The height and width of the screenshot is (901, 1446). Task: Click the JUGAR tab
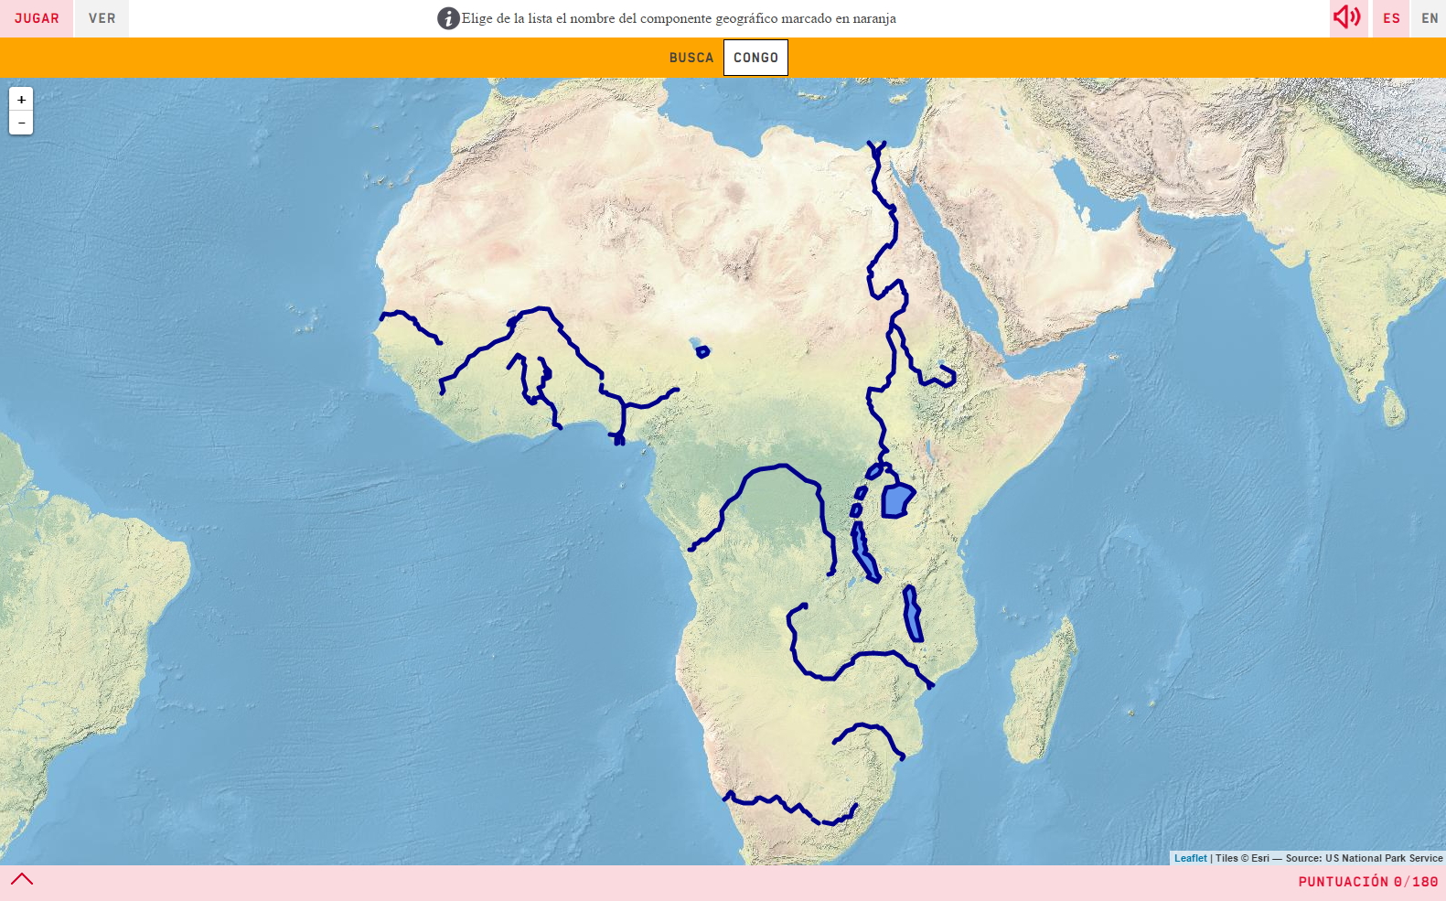[37, 18]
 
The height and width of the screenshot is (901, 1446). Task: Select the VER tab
[102, 18]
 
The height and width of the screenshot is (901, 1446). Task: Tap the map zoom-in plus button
[21, 99]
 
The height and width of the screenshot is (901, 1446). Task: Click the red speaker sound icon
[1346, 17]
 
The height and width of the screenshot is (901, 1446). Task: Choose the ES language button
[1391, 18]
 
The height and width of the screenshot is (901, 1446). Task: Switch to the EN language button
[1430, 18]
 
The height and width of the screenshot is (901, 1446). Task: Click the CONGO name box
[755, 58]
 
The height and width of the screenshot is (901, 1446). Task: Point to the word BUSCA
[691, 58]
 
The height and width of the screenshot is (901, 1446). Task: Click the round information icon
[448, 18]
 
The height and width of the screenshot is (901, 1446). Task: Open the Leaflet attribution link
[1190, 858]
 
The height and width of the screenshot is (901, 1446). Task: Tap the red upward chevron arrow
[22, 879]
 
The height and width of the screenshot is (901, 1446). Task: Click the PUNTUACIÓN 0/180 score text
[1367, 882]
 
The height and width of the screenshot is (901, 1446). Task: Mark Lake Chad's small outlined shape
[702, 351]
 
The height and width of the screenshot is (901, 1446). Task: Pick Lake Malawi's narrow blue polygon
[912, 615]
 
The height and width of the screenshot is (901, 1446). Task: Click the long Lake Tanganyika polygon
[864, 553]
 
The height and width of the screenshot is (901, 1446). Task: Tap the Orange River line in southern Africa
[787, 805]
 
